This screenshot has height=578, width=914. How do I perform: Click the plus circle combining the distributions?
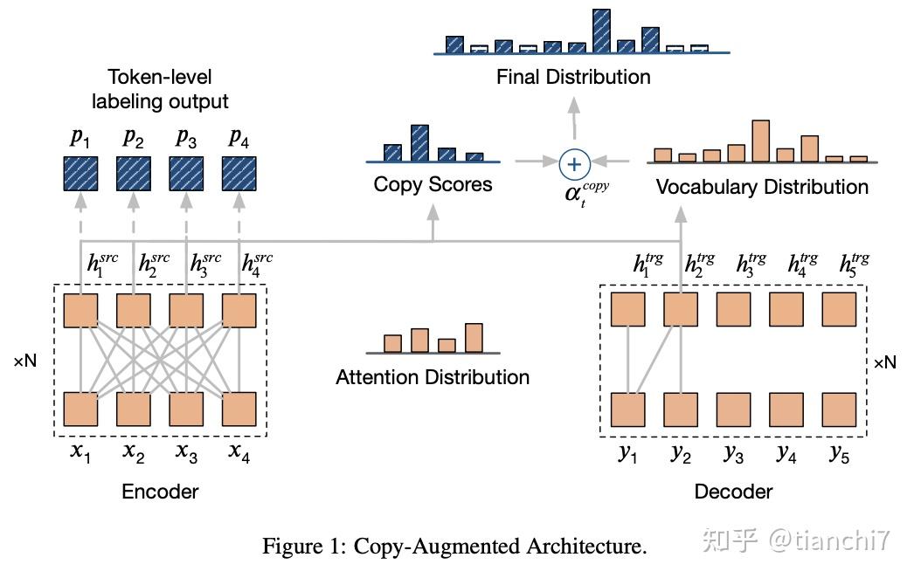click(574, 162)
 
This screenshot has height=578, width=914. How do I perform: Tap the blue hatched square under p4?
click(239, 173)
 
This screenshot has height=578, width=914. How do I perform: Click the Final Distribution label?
click(573, 77)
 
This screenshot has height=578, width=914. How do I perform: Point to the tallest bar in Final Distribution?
click(600, 32)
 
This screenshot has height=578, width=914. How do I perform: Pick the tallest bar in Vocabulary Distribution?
click(759, 141)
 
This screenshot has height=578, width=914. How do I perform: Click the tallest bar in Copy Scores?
click(419, 144)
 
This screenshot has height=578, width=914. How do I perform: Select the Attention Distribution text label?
click(433, 377)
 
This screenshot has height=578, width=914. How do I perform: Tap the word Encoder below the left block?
click(160, 492)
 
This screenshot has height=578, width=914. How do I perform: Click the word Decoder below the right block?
click(733, 492)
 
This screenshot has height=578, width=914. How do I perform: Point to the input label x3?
click(186, 452)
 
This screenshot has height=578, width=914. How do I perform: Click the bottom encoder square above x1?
click(80, 409)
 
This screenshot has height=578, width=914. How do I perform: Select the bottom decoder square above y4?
click(786, 409)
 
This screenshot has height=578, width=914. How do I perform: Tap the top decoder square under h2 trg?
click(681, 310)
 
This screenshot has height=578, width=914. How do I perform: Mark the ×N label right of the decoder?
click(884, 361)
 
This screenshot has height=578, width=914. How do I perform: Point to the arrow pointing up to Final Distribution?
click(574, 118)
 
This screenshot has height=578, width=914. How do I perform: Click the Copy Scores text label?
click(433, 184)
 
